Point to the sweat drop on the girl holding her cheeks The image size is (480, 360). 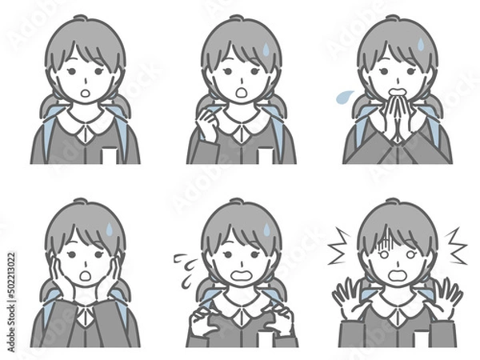[110, 230]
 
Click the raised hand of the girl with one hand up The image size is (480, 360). [209, 121]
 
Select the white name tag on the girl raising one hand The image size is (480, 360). [265, 154]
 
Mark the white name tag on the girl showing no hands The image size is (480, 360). [109, 154]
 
